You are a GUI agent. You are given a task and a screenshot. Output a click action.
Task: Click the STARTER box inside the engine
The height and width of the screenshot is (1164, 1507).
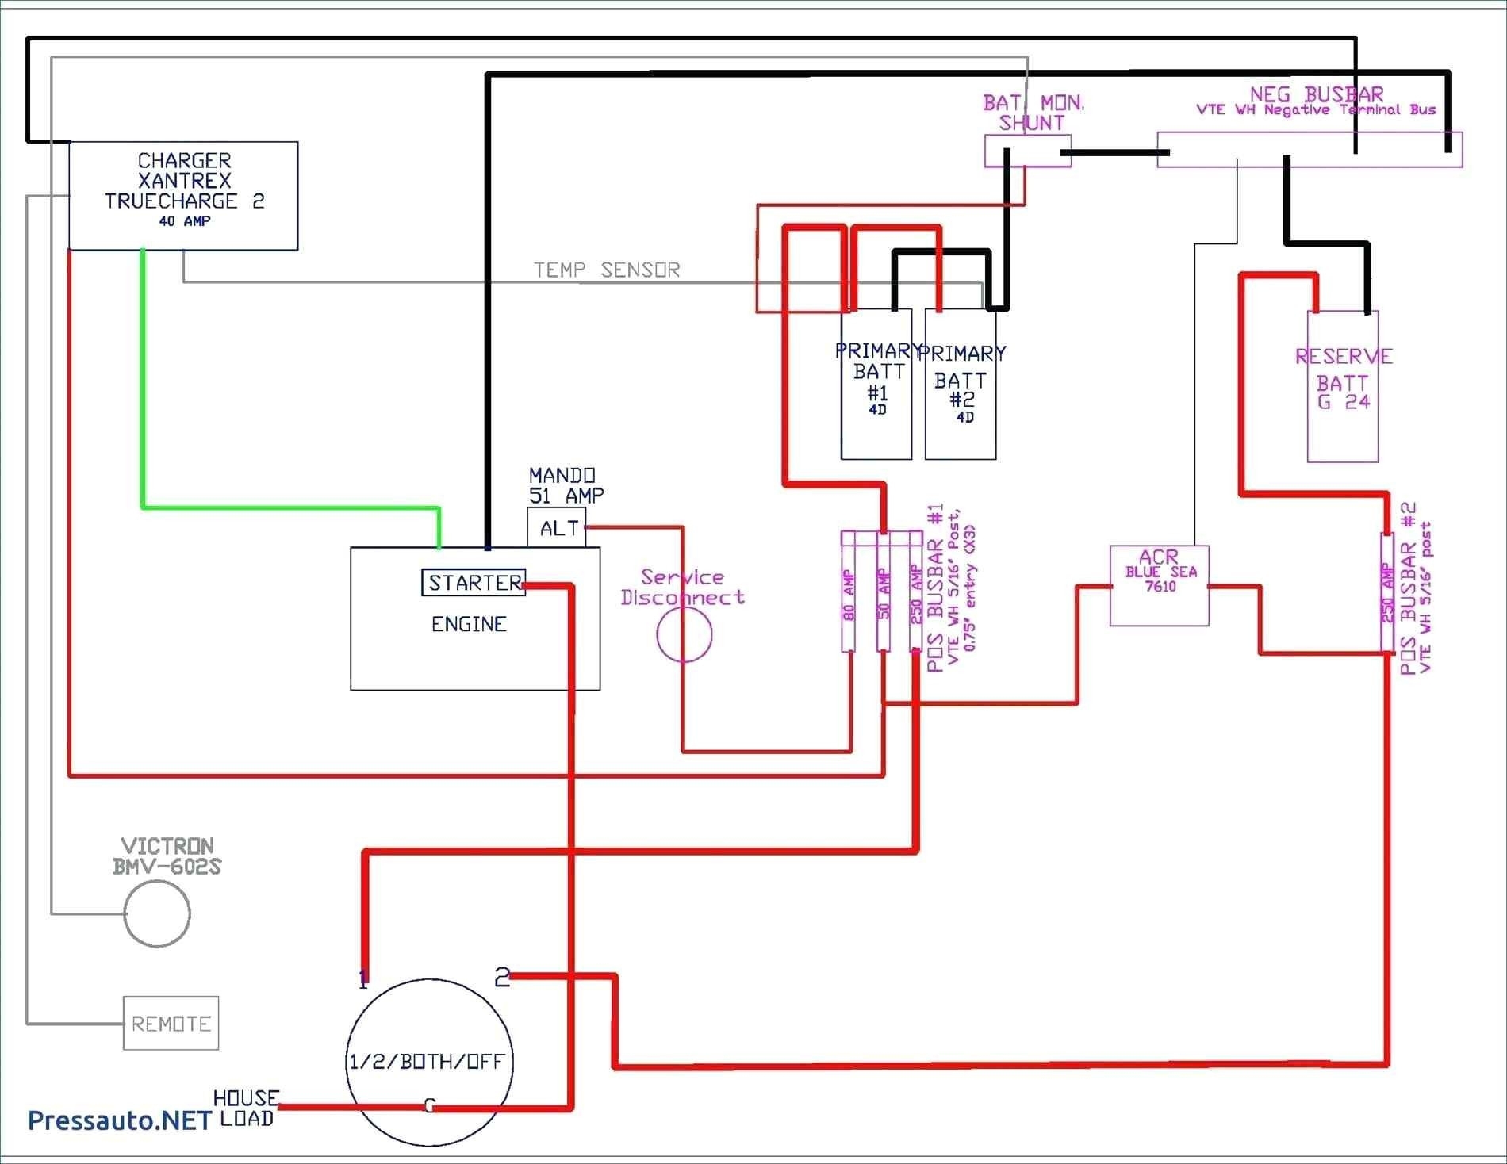coord(474,583)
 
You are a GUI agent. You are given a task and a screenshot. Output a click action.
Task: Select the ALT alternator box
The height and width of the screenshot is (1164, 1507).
coord(557,528)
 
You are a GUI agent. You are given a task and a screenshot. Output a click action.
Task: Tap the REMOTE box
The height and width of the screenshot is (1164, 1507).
coord(171,1024)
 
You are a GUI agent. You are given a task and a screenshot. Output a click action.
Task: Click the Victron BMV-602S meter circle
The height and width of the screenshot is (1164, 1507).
coord(157,913)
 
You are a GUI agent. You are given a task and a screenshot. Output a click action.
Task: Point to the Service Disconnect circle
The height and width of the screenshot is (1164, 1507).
coord(684,634)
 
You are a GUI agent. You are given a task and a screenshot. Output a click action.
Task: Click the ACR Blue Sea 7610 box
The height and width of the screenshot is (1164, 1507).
coord(1159,585)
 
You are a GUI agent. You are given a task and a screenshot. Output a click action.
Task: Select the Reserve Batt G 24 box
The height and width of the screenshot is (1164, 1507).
coord(1342,386)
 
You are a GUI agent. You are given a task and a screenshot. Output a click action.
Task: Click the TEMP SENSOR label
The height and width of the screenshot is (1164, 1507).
coord(607,270)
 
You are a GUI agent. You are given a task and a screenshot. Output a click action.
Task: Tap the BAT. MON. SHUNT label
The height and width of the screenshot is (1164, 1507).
coord(1032,113)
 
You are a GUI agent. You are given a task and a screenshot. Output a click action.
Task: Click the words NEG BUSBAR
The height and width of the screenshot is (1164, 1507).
coord(1316,94)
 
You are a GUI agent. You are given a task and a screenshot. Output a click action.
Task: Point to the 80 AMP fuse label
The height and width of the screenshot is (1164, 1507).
coord(849,595)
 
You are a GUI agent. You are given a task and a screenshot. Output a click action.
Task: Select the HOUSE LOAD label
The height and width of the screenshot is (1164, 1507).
coord(246,1108)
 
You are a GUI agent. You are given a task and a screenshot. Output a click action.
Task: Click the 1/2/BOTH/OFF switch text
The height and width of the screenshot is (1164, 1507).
coord(427,1061)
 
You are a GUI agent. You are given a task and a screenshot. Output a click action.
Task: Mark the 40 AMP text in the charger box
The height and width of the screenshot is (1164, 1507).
coord(184,221)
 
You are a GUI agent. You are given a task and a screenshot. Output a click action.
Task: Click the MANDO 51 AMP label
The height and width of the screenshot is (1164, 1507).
coord(566,485)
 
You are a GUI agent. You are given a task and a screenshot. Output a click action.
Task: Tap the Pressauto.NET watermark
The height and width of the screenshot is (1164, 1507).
coord(120,1120)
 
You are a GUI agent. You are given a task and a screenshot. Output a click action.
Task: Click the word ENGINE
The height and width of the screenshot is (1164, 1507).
coord(469,625)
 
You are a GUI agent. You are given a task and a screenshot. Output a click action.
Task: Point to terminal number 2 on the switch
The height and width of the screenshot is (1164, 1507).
coord(501,977)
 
